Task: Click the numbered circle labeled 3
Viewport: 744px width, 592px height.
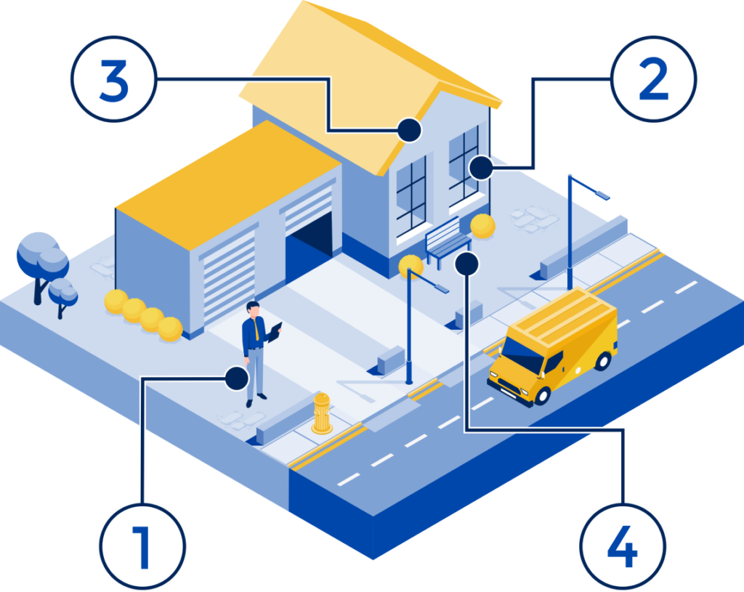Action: [114, 79]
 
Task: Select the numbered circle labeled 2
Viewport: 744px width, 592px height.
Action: [654, 79]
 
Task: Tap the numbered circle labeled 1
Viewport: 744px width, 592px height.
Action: [142, 546]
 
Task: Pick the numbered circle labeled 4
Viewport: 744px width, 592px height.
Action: [623, 546]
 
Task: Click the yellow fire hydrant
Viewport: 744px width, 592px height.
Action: [322, 413]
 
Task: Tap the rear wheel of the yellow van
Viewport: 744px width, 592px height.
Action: [602, 362]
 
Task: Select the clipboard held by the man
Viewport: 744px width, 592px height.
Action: [275, 332]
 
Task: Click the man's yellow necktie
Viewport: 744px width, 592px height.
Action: [256, 330]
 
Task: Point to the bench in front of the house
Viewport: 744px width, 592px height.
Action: [447, 242]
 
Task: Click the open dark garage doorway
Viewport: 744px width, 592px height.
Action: [308, 248]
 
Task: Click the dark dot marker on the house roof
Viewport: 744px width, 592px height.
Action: [409, 130]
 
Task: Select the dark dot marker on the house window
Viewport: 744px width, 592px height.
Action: [481, 168]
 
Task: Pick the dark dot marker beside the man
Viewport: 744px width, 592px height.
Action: [236, 378]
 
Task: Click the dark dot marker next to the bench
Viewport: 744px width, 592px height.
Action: [467, 264]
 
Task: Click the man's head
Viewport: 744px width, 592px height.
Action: [254, 309]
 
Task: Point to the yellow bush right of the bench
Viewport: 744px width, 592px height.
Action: [483, 226]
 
